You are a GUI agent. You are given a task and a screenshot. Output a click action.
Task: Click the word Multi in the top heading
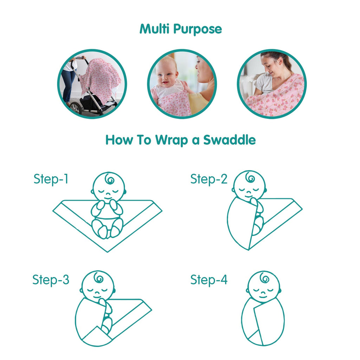coord(155,28)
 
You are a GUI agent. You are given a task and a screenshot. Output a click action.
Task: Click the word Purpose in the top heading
coord(198,30)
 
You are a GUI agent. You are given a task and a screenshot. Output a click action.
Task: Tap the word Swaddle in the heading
coord(229,140)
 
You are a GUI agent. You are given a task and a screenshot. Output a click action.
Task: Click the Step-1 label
coord(51,179)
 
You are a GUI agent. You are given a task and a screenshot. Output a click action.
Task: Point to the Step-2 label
coord(209,179)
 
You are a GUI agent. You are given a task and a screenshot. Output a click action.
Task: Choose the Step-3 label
coord(51,280)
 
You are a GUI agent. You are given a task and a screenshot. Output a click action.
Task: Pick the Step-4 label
coord(209,280)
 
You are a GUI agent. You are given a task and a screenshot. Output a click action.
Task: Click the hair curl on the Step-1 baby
coord(109,179)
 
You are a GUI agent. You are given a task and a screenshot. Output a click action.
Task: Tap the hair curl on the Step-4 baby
coord(264,278)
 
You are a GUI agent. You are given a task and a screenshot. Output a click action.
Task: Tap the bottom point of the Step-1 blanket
coord(108,252)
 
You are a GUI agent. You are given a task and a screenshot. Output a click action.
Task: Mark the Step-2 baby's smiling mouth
coord(248,195)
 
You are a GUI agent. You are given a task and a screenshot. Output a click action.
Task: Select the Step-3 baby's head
coord(98,285)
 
